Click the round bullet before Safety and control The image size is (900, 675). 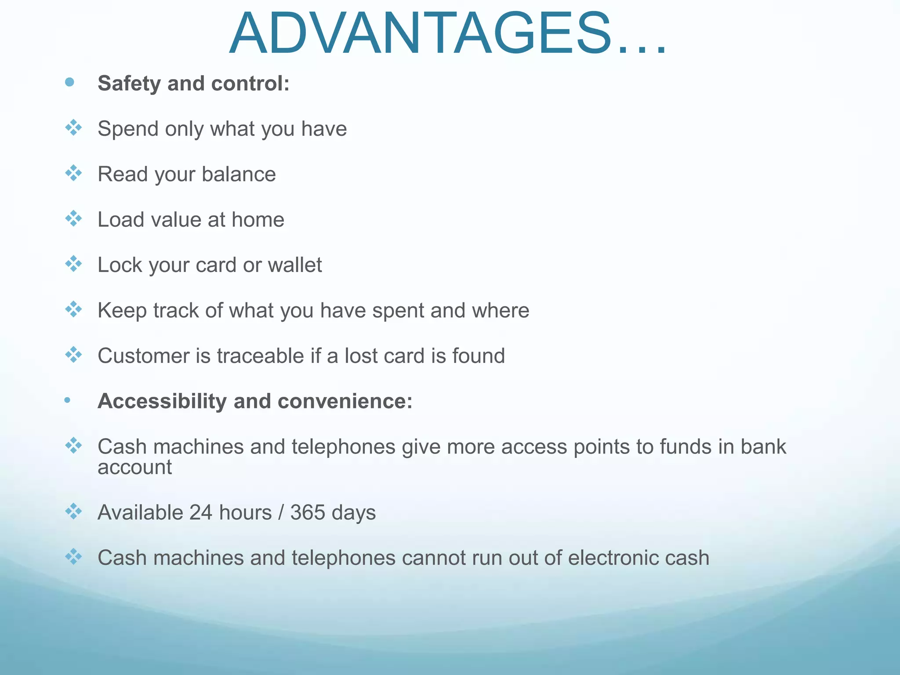[x=69, y=82]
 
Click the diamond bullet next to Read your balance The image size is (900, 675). [x=73, y=173]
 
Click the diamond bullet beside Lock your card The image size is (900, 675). [x=73, y=264]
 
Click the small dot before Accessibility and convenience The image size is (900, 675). [x=67, y=400]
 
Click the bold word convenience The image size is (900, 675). [x=345, y=401]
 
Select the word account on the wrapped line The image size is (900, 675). [x=134, y=468]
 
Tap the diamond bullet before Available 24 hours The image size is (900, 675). [x=73, y=512]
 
